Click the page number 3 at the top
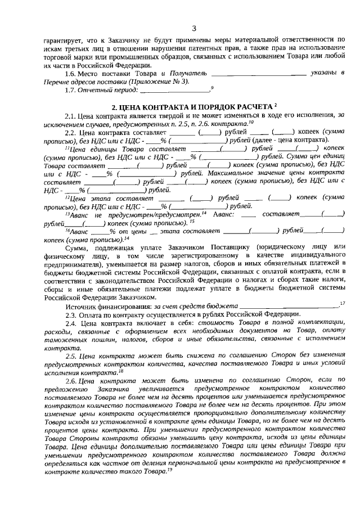(193, 29)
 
